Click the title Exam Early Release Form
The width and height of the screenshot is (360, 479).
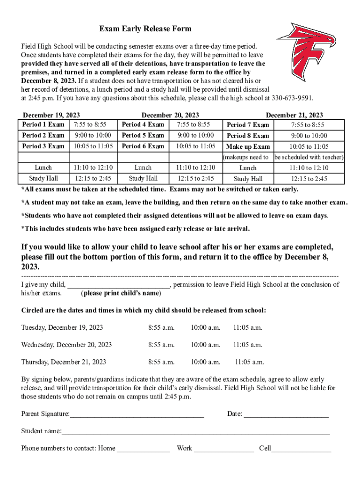pos(145,29)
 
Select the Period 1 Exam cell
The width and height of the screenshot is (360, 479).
pos(43,124)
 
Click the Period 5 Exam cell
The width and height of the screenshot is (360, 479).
pos(143,135)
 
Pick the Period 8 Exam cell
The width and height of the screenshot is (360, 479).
pos(247,136)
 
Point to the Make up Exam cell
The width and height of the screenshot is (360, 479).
pos(248,146)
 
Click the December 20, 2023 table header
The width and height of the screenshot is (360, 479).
pos(170,115)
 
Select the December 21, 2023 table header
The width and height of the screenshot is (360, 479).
pos(294,115)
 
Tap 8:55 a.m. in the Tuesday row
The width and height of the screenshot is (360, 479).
pos(161,327)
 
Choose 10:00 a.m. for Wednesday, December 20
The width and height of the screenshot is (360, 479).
pos(205,345)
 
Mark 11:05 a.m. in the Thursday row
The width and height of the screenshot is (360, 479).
pos(249,362)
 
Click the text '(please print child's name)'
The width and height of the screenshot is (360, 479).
pos(121,293)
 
